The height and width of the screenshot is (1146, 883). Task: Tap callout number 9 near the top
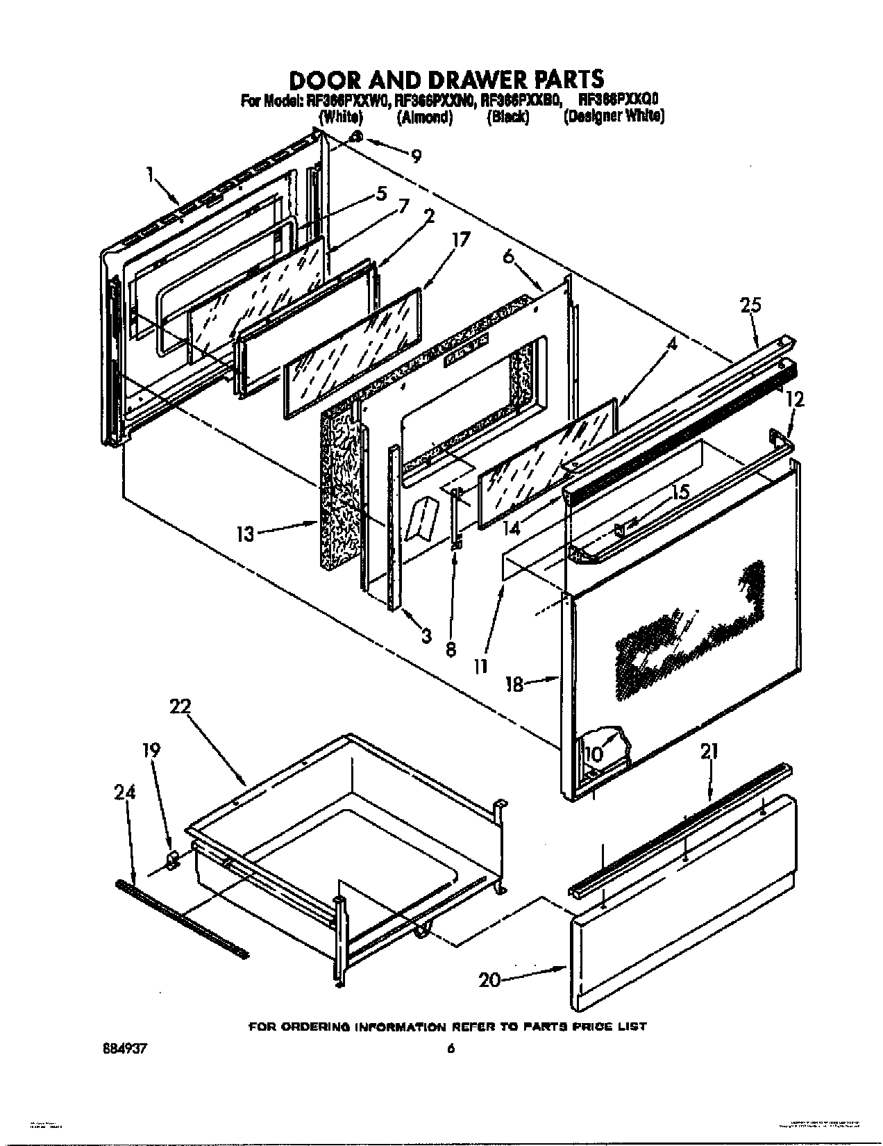coord(415,157)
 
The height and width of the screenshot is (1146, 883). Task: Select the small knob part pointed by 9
coord(355,137)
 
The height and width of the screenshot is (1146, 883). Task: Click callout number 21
coord(709,751)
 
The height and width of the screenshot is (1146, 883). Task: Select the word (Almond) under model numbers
coord(424,117)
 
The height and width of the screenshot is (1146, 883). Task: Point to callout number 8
coord(450,651)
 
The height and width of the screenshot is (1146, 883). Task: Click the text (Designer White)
coord(614,117)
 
